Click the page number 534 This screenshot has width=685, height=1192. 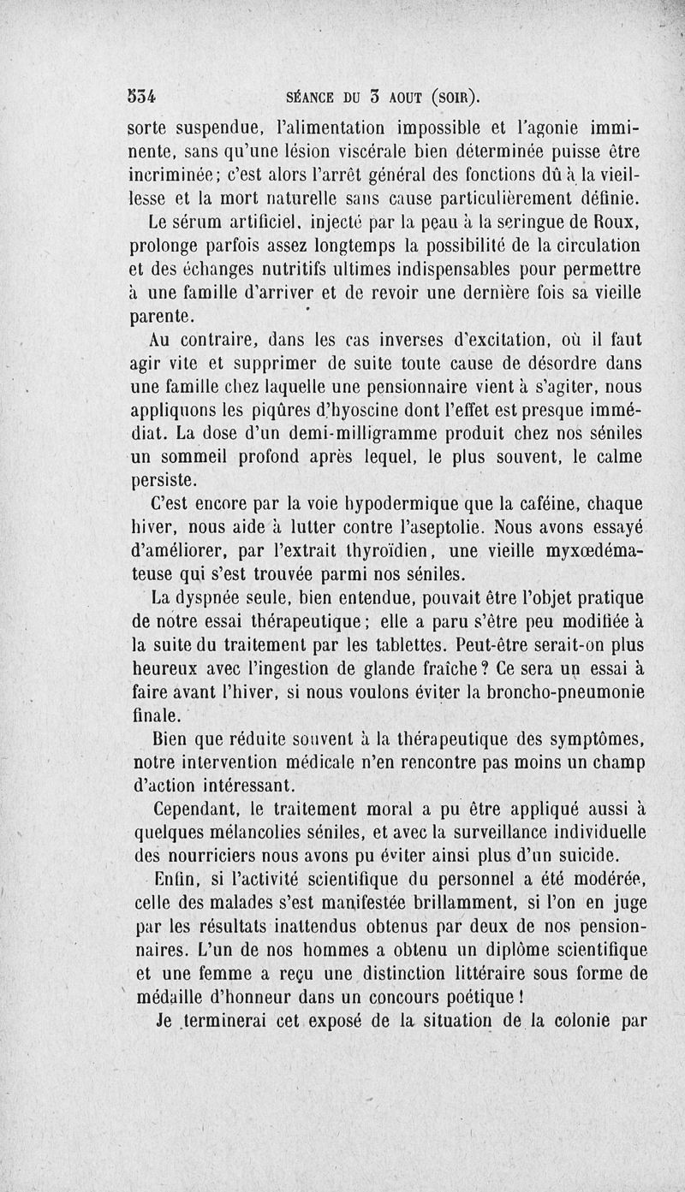tap(146, 94)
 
